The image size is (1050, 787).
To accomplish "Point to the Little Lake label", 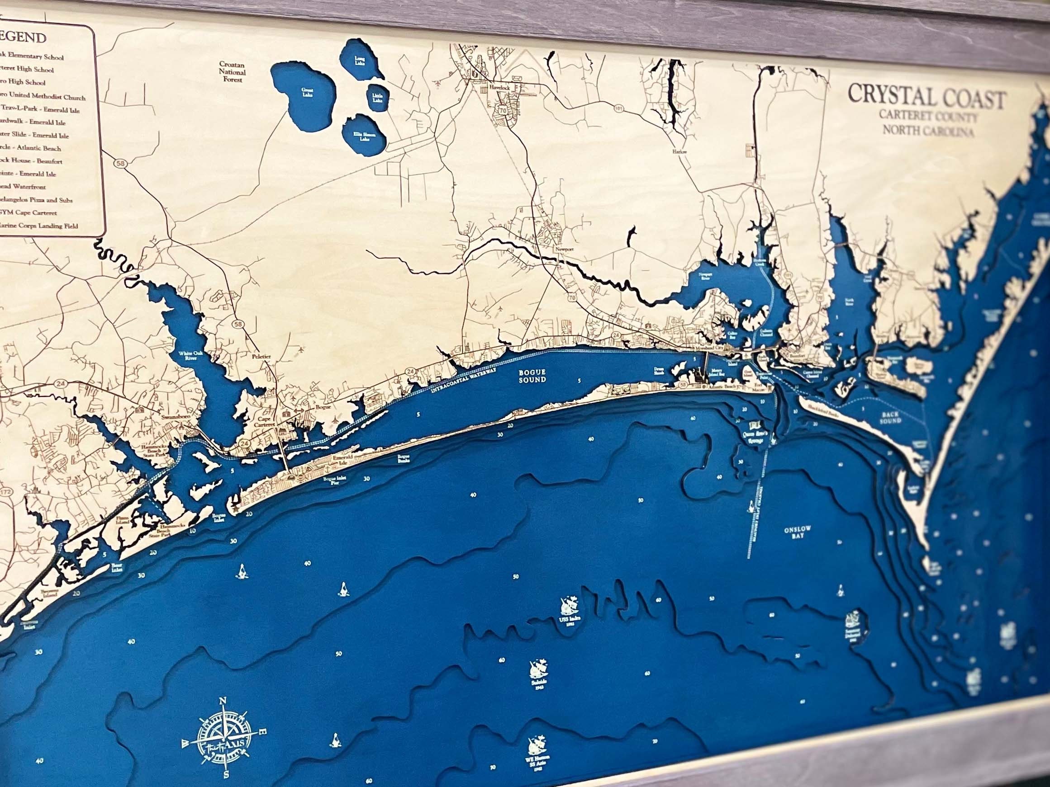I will (377, 98).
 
